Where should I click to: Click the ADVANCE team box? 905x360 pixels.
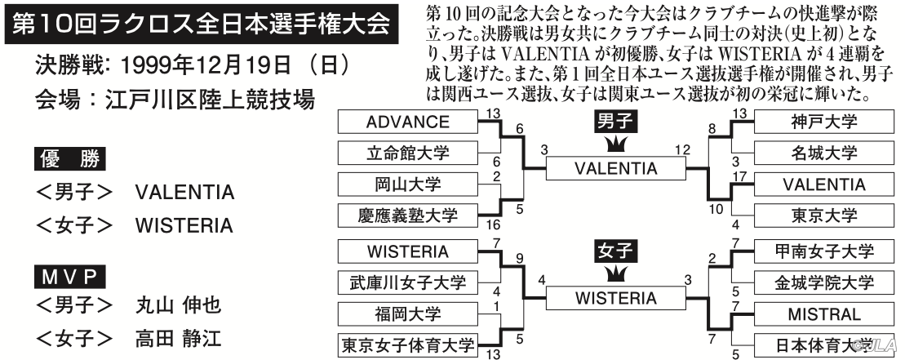tap(408, 122)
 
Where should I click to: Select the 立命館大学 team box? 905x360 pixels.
tap(408, 153)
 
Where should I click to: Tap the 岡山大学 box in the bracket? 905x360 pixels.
tap(408, 184)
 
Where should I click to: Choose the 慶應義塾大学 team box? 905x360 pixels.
tap(408, 216)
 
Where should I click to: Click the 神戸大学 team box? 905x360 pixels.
tap(823, 122)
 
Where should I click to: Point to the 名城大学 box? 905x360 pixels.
tap(823, 153)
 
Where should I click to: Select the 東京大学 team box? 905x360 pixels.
tap(823, 216)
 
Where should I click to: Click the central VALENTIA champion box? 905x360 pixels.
tap(616, 168)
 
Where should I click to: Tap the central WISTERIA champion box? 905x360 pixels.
tap(616, 298)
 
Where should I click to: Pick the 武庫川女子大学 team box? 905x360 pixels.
tap(408, 282)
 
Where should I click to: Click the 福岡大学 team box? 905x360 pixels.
tap(408, 313)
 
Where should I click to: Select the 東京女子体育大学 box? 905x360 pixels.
tap(408, 345)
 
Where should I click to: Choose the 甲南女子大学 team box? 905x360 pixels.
tap(823, 251)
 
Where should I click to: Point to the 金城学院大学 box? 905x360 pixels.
tap(823, 282)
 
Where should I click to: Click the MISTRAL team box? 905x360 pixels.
tap(823, 313)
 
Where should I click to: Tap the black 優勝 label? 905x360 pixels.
tap(69, 159)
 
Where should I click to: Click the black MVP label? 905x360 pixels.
tap(69, 278)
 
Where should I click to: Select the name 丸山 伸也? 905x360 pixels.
tap(179, 305)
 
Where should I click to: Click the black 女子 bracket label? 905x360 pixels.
tap(616, 251)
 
